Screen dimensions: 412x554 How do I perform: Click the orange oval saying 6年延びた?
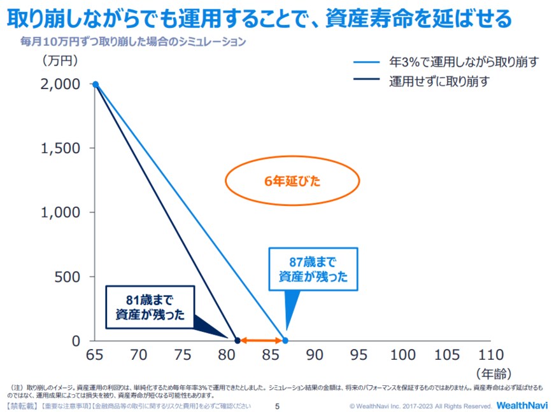coord(292,181)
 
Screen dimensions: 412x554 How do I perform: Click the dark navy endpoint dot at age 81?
coord(237,341)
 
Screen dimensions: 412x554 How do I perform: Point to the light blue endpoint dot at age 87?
coord(285,341)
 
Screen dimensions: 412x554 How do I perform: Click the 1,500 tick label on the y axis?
coord(62,148)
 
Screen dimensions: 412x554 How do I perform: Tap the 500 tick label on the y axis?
coord(68,277)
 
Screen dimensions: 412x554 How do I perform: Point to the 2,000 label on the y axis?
coord(62,84)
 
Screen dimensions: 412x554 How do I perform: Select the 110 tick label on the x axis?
coord(490,355)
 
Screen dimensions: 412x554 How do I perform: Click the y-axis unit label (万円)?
coord(60,61)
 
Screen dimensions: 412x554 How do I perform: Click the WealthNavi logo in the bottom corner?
coord(520,405)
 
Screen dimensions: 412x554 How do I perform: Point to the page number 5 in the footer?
coord(277,406)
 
